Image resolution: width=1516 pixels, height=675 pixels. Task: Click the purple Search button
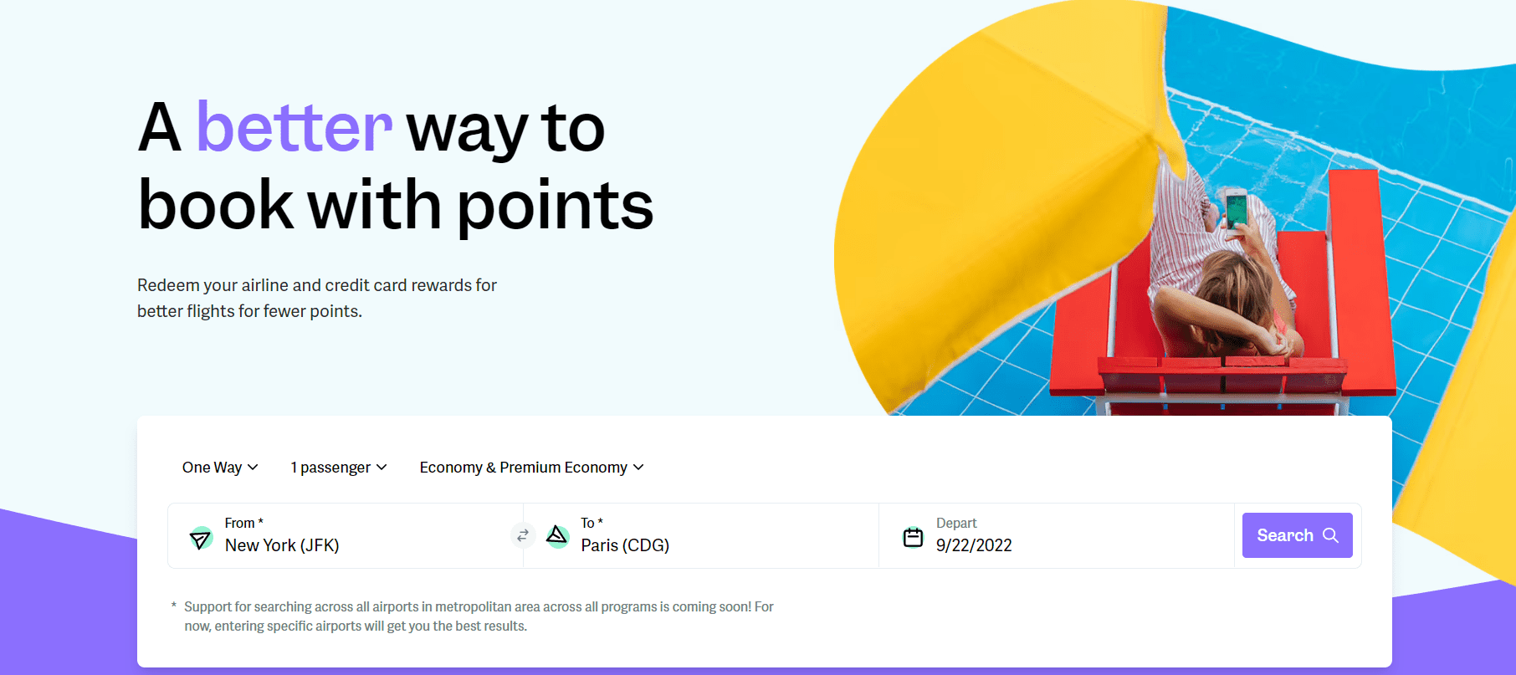pos(1297,535)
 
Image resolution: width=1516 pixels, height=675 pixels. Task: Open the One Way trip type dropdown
pos(220,468)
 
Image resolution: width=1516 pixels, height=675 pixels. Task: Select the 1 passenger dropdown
pos(338,468)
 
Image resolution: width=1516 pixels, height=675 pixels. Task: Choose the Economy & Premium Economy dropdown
pos(531,468)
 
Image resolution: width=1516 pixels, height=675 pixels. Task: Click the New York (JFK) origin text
pos(282,545)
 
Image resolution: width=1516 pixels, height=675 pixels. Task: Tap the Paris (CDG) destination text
pos(625,545)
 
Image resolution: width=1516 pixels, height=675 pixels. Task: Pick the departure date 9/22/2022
pos(974,545)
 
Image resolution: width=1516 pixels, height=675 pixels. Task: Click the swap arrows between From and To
pos(523,535)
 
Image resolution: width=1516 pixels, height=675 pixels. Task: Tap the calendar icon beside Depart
pos(913,537)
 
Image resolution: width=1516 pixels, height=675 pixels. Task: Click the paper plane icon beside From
pos(201,538)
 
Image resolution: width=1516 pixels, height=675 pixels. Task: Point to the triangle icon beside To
pos(557,535)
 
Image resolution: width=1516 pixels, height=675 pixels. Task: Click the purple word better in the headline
pos(294,128)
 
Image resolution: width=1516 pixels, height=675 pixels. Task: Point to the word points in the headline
pos(555,206)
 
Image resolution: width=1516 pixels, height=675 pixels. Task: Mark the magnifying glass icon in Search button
pos(1330,535)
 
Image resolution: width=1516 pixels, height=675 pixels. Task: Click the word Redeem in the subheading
pos(168,285)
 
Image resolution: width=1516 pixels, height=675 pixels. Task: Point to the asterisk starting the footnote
pos(174,605)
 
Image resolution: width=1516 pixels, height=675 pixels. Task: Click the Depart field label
pos(956,523)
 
